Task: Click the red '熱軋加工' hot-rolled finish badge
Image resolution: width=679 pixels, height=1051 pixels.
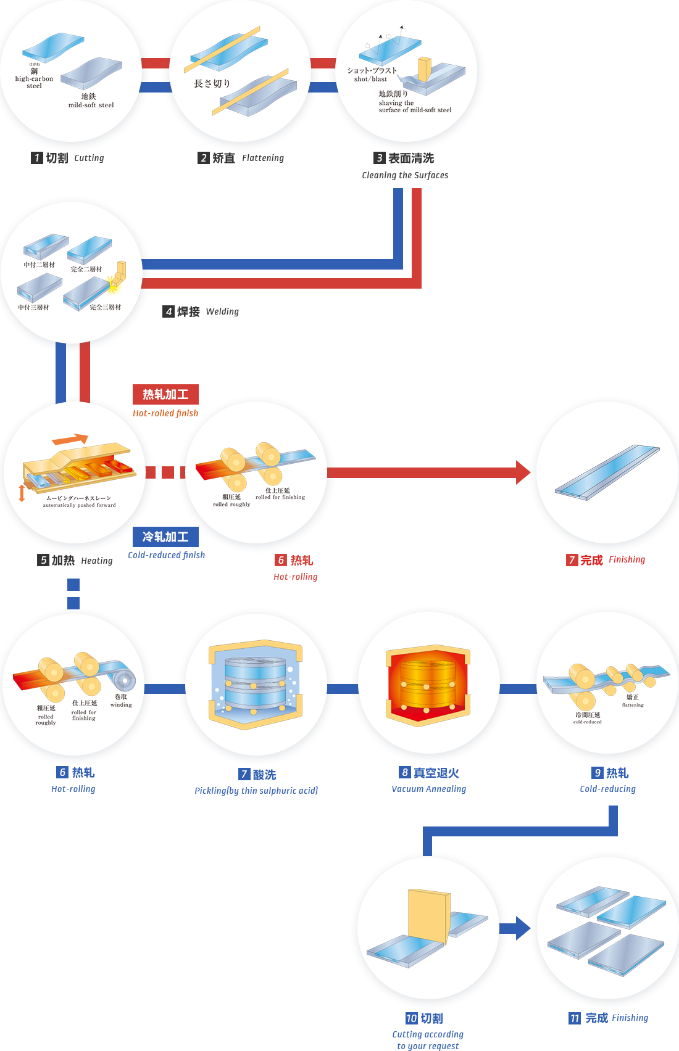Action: (165, 394)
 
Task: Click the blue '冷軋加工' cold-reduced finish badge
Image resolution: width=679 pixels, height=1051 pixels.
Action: (165, 537)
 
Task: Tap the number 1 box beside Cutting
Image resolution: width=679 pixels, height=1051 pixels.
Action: (36, 158)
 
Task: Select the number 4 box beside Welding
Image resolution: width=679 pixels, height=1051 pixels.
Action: (169, 311)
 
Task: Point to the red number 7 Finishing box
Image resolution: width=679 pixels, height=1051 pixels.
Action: (572, 559)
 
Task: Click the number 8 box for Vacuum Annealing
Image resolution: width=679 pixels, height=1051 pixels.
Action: (404, 772)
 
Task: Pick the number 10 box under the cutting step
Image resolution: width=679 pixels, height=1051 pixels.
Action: (411, 1018)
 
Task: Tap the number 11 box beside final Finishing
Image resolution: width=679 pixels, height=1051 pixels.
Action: (574, 1018)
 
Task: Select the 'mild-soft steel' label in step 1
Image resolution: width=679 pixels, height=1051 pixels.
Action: (91, 105)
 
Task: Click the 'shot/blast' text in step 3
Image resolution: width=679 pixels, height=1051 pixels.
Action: (370, 79)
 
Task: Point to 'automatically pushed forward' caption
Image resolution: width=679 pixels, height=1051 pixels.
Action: (79, 505)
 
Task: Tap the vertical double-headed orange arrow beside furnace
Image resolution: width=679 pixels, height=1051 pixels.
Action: (22, 493)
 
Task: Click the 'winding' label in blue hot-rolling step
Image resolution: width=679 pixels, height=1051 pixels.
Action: (121, 704)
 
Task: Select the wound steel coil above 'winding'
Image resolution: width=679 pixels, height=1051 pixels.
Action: (124, 680)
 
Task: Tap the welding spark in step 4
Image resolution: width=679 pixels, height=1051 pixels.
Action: (112, 284)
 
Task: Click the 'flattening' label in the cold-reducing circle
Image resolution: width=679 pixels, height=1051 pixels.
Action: (633, 705)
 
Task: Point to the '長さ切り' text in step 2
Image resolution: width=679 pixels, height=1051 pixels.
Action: (212, 83)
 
